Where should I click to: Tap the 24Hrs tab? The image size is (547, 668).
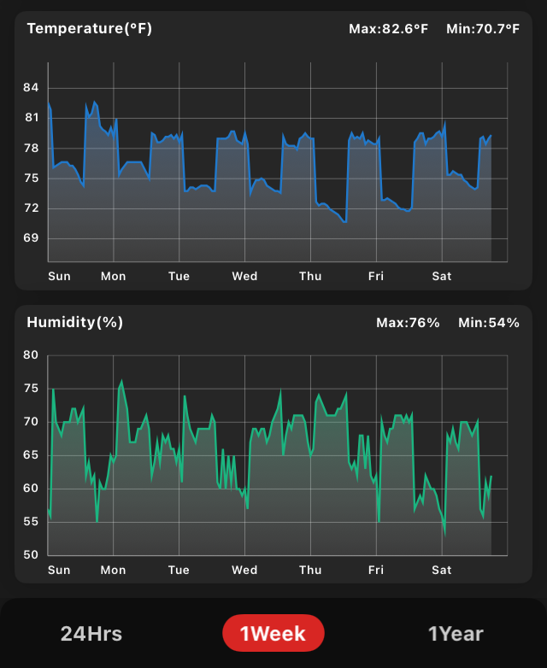[91, 634]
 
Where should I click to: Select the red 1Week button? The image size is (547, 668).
[273, 634]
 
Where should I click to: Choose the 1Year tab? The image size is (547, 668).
[456, 634]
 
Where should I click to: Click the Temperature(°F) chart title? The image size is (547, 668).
[90, 29]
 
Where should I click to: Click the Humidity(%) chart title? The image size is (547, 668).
[75, 323]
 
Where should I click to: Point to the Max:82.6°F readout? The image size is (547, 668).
[388, 29]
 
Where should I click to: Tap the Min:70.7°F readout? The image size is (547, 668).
[483, 29]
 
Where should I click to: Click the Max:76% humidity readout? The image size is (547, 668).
[408, 323]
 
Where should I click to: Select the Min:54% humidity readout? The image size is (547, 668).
[489, 323]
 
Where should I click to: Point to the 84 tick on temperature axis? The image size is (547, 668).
[32, 88]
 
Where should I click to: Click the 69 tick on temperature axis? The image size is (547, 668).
[32, 238]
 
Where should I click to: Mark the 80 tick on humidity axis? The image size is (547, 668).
[31, 355]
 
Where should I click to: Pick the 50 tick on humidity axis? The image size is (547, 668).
[31, 555]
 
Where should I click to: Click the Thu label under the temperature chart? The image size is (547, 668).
[310, 276]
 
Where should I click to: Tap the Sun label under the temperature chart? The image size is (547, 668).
[59, 276]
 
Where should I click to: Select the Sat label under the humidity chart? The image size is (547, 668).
[442, 570]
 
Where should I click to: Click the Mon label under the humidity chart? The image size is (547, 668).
[113, 570]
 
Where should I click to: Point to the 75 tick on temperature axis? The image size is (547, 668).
[32, 179]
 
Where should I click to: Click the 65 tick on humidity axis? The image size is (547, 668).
[31, 455]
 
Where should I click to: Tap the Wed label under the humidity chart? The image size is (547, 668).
[244, 570]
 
